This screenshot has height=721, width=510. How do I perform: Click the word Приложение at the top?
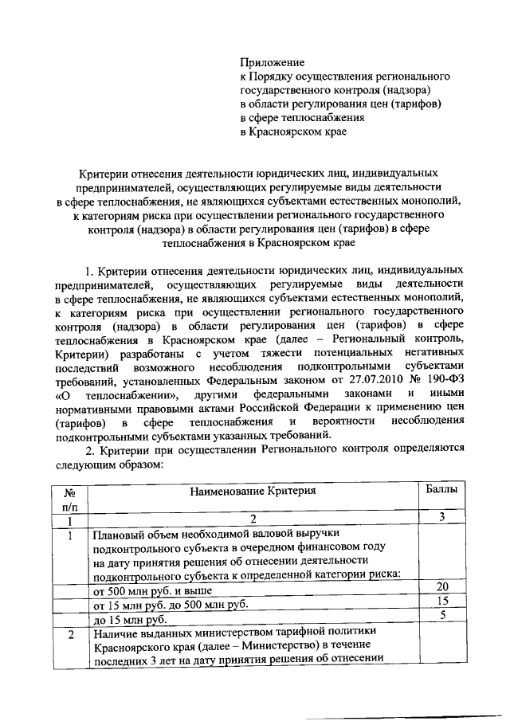click(273, 61)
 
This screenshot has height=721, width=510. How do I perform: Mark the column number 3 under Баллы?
click(441, 518)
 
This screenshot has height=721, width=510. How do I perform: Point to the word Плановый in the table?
click(120, 535)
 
